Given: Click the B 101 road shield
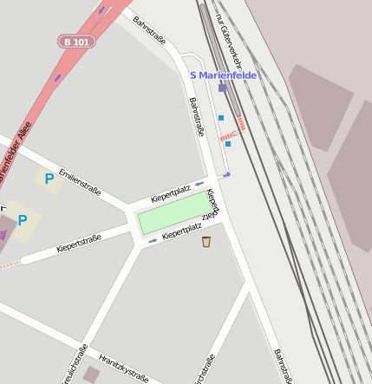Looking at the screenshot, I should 77,41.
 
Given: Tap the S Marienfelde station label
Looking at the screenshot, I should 223,75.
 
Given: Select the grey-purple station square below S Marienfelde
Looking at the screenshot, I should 223,88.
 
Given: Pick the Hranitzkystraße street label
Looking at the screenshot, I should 123,368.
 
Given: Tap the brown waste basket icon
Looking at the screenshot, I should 206,242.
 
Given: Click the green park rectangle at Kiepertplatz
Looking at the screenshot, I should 173,213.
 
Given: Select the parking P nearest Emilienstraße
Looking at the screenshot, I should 49,179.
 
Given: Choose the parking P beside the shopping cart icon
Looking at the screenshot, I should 23,220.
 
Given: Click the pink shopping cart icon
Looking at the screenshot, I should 3,234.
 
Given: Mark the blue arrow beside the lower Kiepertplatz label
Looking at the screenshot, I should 153,240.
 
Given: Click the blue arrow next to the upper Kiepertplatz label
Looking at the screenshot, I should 199,184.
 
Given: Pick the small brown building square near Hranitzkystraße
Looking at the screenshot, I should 91,374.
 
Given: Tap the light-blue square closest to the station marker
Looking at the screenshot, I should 221,118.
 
